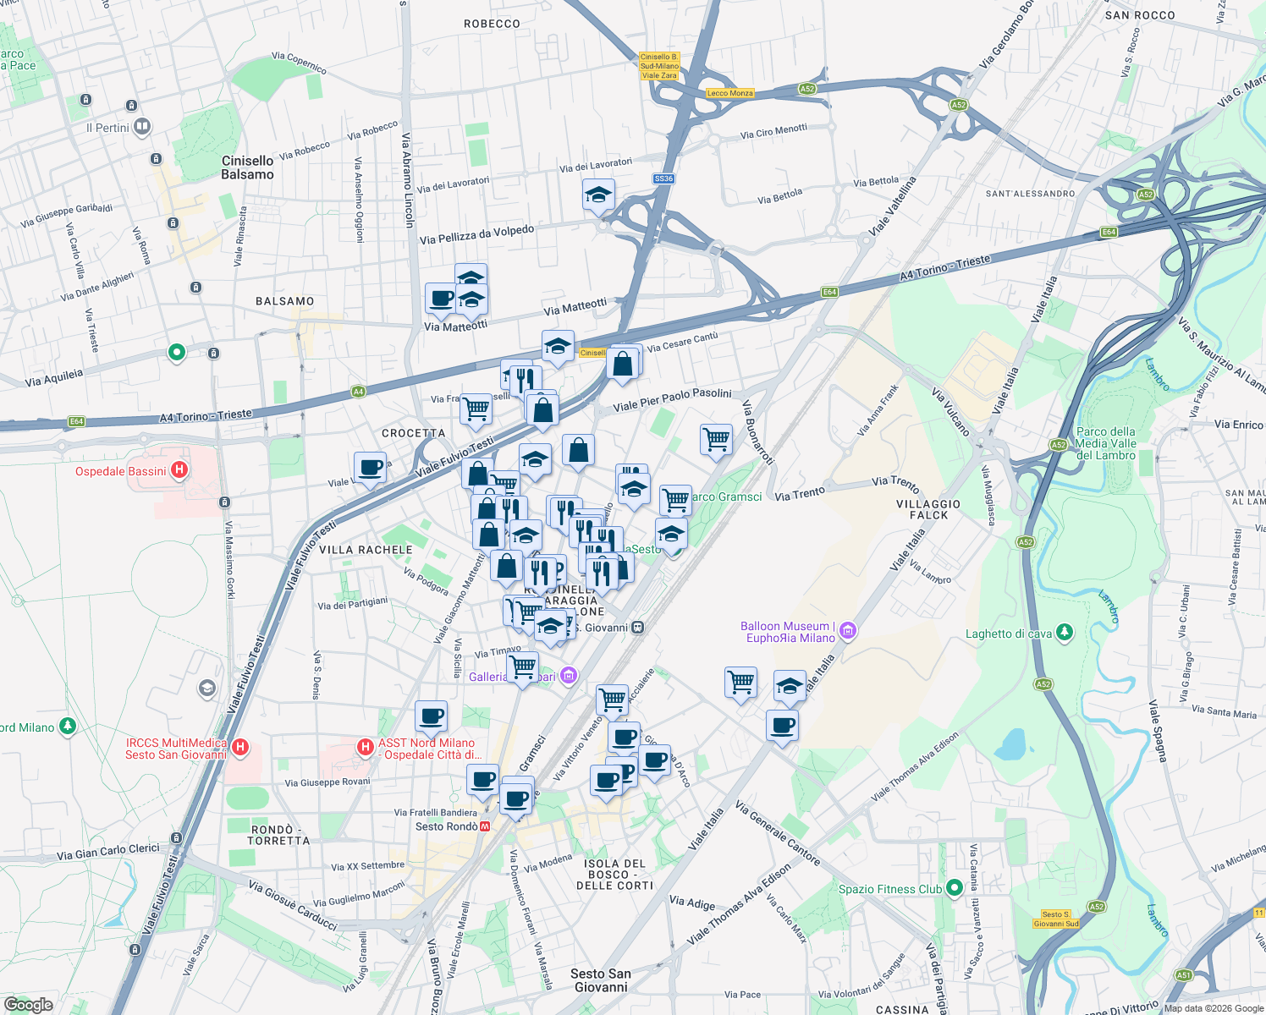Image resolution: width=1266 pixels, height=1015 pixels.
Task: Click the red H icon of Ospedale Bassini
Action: point(179,470)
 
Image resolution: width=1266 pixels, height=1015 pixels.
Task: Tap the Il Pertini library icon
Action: point(142,128)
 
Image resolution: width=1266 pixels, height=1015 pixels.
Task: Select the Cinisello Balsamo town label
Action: point(247,167)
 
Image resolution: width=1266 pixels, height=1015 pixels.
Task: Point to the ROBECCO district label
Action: point(492,24)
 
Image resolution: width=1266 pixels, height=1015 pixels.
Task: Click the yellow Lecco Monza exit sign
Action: point(729,93)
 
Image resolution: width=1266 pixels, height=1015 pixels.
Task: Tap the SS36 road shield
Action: point(663,178)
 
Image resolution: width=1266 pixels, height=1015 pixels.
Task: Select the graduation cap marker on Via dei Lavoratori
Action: point(598,195)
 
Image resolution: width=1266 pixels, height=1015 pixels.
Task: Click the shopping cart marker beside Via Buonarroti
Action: point(716,439)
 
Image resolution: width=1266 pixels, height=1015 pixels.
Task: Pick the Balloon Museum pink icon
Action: point(848,631)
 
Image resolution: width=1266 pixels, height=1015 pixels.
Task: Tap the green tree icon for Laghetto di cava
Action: point(1065,633)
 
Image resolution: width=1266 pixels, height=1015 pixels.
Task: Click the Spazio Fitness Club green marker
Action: point(955,887)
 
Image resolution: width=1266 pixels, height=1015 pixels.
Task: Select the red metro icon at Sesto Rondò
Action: point(485,826)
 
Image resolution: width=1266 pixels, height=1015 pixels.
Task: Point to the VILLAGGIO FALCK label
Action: point(928,509)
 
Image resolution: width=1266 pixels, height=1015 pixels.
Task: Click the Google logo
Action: point(28,1004)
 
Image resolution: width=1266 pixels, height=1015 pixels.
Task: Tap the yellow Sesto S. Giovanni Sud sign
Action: point(1056,919)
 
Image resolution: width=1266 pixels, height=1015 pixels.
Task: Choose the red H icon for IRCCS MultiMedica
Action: point(240,747)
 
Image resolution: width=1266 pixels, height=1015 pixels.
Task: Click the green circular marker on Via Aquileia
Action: point(176,352)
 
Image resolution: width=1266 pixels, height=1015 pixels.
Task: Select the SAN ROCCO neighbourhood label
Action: point(1139,15)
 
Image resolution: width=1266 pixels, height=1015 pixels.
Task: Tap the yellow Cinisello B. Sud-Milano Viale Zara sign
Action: point(659,66)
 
